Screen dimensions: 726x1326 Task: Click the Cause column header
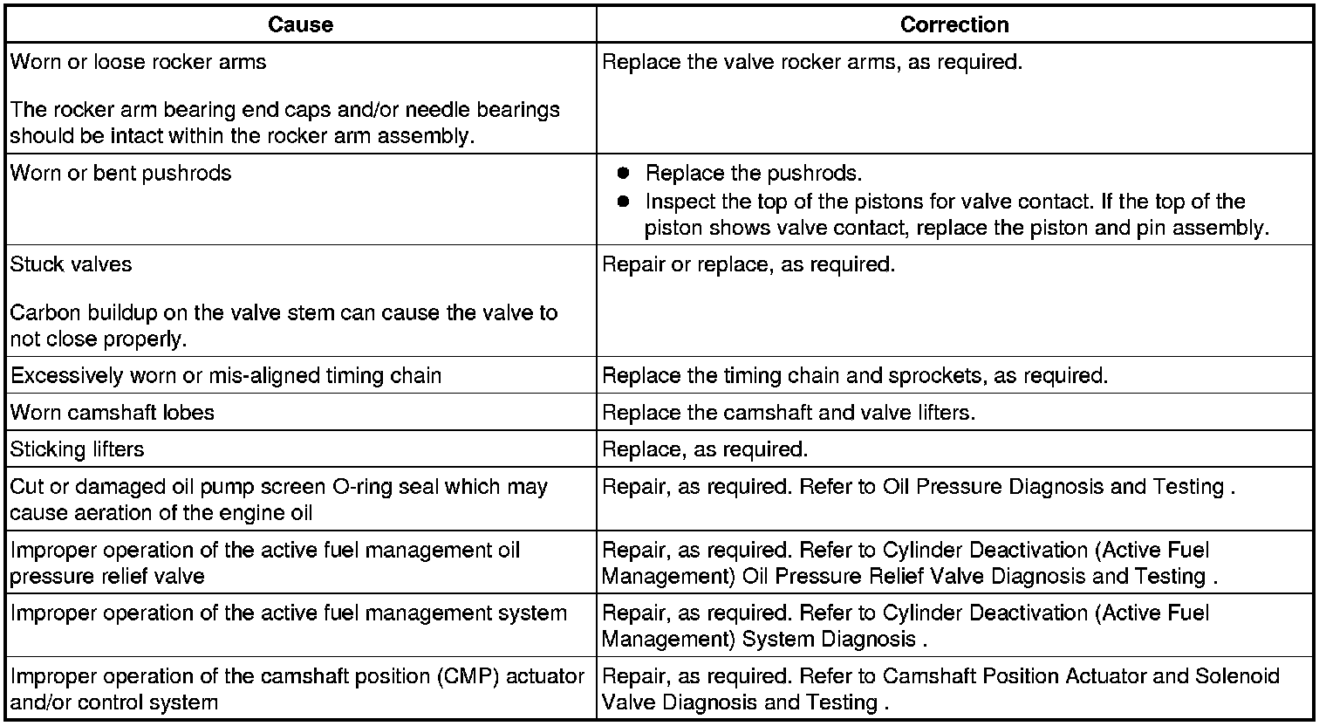300,24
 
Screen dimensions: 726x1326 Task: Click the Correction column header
954,24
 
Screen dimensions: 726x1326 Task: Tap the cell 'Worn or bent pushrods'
121,173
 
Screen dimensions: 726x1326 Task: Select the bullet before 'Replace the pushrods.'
623,173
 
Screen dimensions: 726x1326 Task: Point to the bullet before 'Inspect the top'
623,202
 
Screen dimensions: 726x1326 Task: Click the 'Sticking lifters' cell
78,449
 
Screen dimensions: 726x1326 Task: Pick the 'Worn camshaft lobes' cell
113,412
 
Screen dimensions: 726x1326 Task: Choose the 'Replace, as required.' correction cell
705,449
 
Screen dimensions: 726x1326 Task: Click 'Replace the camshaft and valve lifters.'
789,412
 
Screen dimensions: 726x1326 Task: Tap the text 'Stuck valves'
72,264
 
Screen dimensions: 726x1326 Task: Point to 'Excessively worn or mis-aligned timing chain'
226,375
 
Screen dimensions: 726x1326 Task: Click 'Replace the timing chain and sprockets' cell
855,375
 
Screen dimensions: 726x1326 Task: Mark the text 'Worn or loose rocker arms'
139,62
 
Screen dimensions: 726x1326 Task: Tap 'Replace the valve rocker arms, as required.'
812,62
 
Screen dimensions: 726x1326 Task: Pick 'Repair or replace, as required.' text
748,264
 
